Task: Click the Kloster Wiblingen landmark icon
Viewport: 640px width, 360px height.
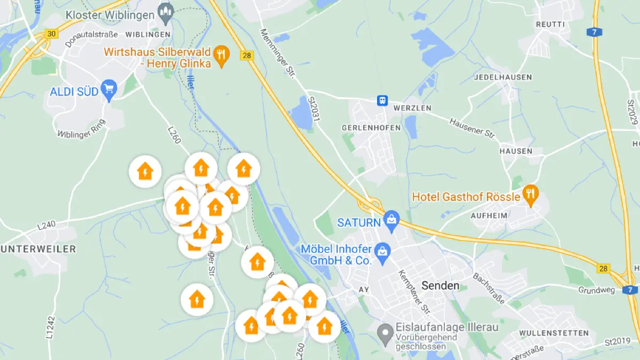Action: point(166,13)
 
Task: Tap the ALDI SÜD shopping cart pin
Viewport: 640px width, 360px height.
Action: point(109,91)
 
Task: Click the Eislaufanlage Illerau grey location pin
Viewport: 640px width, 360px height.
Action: point(385,333)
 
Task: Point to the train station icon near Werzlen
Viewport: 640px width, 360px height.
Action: point(382,100)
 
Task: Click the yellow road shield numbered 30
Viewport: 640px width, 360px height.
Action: point(51,34)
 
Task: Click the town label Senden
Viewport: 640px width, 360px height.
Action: point(440,285)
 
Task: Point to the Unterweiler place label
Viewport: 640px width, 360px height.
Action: point(38,249)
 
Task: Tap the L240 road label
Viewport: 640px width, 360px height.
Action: point(46,226)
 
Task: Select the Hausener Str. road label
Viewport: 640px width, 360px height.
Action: point(472,128)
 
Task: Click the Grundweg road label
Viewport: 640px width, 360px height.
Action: point(596,290)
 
